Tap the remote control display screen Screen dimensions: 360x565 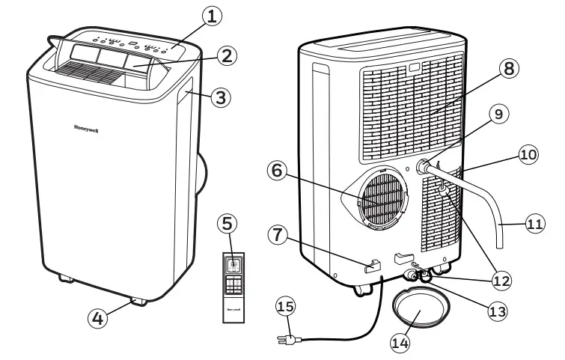click(233, 263)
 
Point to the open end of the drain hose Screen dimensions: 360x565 click(499, 246)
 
